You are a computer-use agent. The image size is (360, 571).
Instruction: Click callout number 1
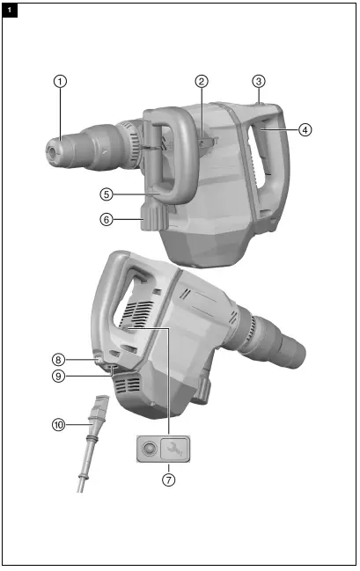60,81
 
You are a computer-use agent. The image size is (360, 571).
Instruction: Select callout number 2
202,81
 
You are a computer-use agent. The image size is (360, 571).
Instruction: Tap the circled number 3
259,81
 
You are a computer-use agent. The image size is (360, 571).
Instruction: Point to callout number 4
305,129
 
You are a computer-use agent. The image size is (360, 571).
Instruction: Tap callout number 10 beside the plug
59,425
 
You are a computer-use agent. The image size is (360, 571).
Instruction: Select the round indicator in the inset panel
149,449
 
